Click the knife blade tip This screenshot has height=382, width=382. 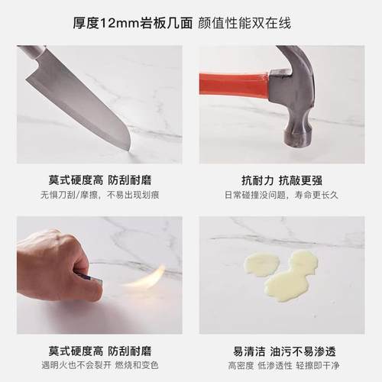click(x=128, y=147)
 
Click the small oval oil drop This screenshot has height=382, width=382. click(x=261, y=265)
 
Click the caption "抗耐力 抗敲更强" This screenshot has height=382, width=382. click(x=281, y=181)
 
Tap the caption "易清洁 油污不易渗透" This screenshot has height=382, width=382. click(x=281, y=352)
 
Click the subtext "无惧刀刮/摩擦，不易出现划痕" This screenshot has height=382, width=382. click(x=99, y=196)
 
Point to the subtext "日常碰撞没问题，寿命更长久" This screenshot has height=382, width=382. click(x=281, y=196)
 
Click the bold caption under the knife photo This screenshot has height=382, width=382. click(x=99, y=181)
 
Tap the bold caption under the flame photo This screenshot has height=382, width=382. click(x=99, y=352)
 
